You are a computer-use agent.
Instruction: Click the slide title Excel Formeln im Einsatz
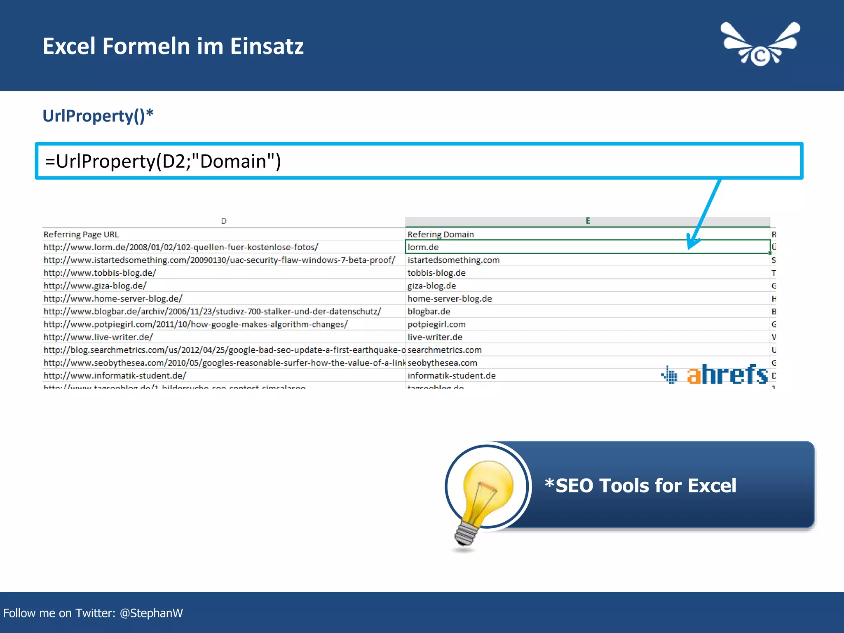(173, 46)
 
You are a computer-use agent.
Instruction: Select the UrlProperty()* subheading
(98, 116)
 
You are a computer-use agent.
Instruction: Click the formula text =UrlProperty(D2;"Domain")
(163, 161)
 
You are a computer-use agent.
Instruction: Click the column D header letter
(224, 221)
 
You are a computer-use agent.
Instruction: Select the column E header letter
(588, 221)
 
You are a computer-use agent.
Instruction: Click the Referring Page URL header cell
(81, 234)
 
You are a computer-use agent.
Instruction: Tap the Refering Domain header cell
(441, 234)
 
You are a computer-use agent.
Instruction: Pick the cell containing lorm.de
(423, 247)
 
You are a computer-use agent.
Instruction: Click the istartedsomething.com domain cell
(453, 260)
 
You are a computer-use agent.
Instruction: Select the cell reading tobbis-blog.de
(436, 273)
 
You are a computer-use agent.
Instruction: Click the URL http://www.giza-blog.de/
(95, 286)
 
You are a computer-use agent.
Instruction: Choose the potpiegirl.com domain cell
(436, 324)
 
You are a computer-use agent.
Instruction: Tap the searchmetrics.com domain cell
(444, 350)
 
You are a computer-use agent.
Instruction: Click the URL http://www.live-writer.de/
(98, 337)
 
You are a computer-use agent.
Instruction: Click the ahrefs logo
(715, 374)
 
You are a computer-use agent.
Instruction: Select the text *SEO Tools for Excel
(640, 485)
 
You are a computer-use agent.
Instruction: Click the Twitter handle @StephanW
(151, 613)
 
